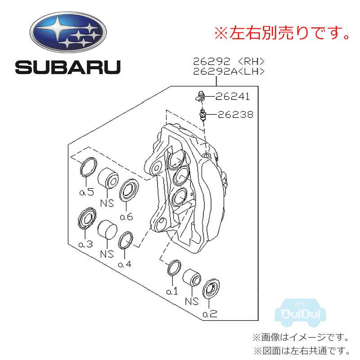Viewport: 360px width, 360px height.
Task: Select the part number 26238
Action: pos(235,115)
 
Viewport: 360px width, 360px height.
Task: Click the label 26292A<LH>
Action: pos(229,71)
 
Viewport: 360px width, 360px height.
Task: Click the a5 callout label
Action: pos(86,192)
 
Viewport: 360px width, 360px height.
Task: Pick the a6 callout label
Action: pos(126,216)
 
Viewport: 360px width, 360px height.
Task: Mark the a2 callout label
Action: pos(210,314)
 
